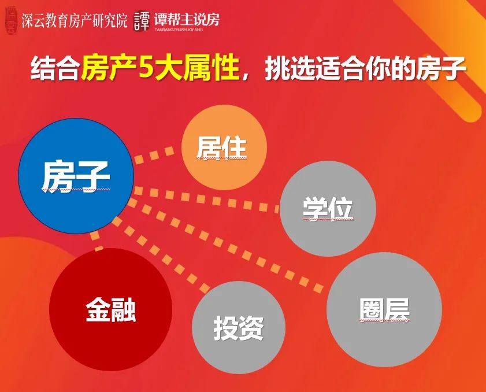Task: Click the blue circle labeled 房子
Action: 76,176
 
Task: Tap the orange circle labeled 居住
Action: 224,147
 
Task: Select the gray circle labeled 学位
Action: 328,208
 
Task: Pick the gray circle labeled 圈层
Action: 384,309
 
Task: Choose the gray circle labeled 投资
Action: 239,327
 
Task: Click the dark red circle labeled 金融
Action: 110,309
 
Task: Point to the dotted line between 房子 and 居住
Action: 154,156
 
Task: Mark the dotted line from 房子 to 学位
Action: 206,199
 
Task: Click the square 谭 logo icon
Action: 142,21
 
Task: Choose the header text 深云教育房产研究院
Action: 75,21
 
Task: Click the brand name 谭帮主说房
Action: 187,20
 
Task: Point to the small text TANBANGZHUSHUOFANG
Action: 179,29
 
